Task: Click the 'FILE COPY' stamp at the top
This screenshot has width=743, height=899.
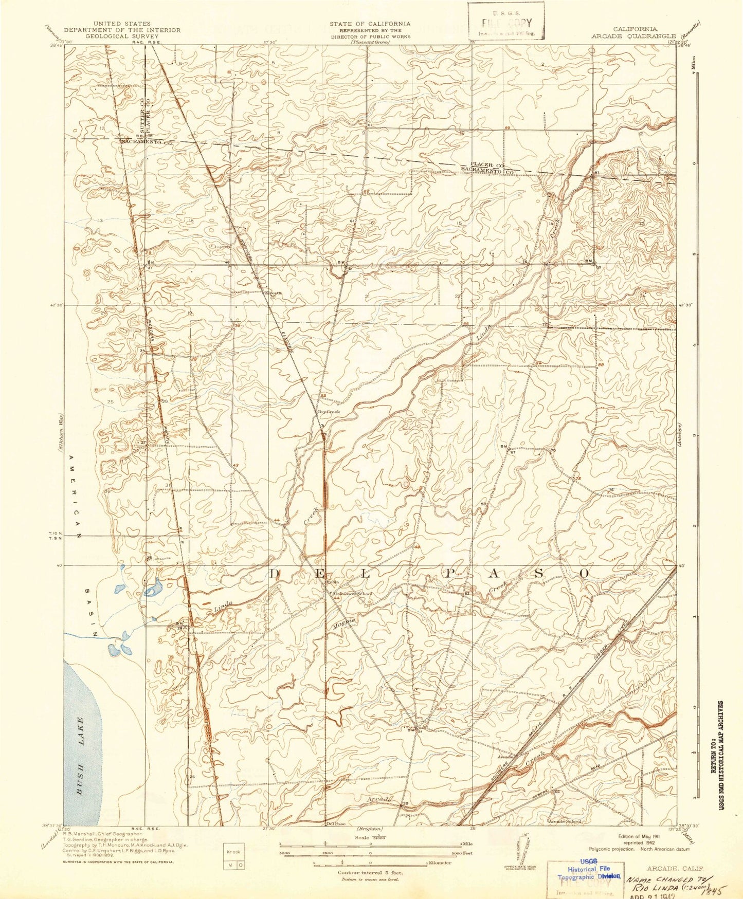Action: click(x=505, y=23)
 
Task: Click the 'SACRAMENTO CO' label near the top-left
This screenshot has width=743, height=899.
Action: click(x=145, y=141)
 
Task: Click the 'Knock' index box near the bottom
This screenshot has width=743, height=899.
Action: click(x=234, y=852)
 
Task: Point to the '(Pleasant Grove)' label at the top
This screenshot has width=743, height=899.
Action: click(x=370, y=42)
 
